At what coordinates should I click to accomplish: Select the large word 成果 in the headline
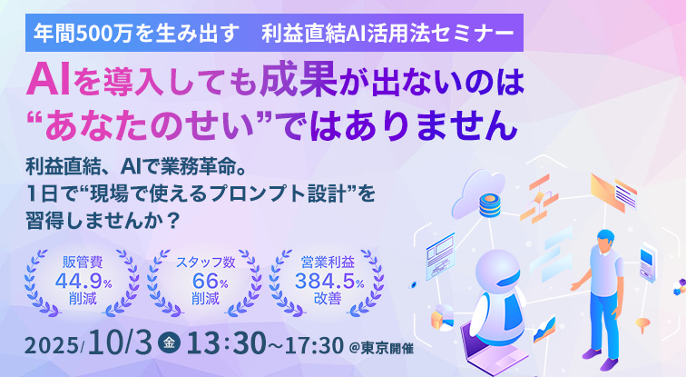pos(299,79)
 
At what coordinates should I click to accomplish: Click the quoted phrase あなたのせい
pos(150,124)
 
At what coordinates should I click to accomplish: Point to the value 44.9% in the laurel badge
pos(83,281)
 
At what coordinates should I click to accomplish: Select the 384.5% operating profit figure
pos(329,281)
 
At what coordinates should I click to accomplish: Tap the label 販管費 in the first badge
pos(83,262)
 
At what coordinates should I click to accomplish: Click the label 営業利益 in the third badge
pos(328,262)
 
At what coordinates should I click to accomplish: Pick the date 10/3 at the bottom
pos(120,342)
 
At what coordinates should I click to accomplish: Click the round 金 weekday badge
pos(169,342)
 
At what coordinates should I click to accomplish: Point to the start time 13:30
pos(226,342)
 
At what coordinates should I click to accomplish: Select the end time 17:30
pos(314,345)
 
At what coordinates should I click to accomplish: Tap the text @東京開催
pos(381,349)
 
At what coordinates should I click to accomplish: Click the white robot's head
pos(498,269)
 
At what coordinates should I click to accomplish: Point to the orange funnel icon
pos(642,325)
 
